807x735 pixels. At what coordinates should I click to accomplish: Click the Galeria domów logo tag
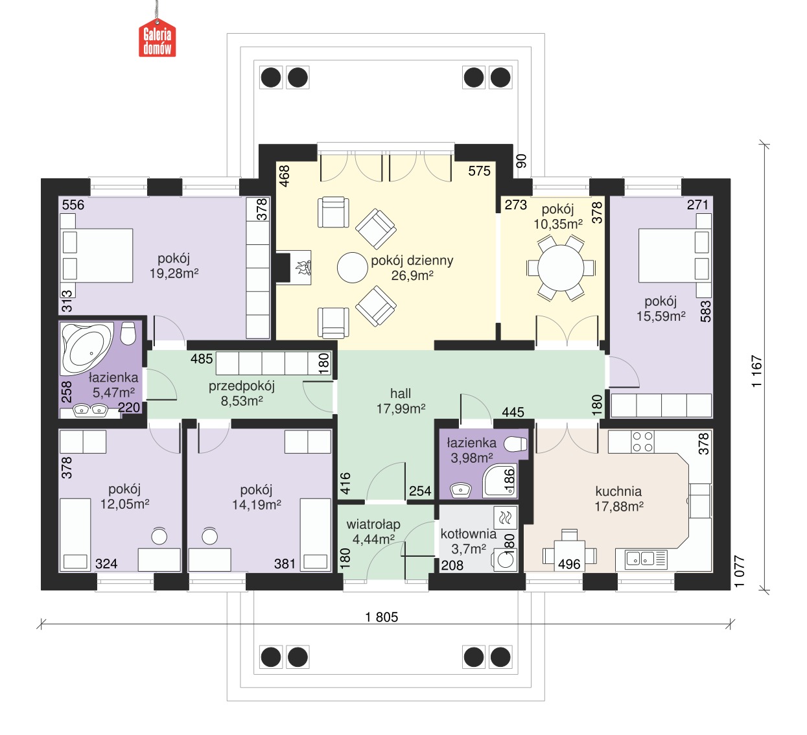158,38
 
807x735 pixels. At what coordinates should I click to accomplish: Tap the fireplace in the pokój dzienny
294,268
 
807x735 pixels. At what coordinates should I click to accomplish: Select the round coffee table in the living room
353,268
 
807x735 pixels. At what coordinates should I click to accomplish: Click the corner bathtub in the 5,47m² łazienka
86,348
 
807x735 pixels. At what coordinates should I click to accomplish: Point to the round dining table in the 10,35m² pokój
561,268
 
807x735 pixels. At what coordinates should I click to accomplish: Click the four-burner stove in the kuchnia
642,442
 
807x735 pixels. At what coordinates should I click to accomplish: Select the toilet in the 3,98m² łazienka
516,445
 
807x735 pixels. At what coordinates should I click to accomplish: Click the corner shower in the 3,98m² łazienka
500,481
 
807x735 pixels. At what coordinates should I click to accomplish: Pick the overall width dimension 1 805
381,617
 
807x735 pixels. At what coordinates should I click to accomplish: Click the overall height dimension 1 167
756,371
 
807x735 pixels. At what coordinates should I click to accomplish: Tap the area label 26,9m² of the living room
412,275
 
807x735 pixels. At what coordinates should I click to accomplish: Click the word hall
401,393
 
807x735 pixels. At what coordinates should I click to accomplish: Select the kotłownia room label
468,534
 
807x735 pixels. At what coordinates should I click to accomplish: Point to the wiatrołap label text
373,524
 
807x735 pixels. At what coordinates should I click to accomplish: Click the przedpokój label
241,386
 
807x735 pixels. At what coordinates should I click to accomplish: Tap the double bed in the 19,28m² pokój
97,255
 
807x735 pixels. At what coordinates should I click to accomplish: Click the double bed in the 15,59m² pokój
675,255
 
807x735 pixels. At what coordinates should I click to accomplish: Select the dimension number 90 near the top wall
521,161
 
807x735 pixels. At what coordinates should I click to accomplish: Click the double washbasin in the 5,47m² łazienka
89,410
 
